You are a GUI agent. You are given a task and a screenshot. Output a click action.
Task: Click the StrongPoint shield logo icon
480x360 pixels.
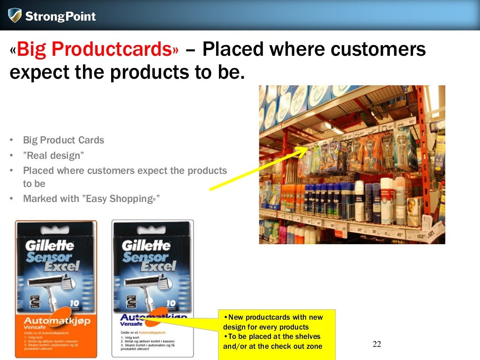click(x=15, y=15)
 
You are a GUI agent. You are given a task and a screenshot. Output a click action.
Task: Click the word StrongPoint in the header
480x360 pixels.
click(x=60, y=17)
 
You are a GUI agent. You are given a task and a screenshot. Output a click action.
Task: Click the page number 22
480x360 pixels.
click(x=377, y=345)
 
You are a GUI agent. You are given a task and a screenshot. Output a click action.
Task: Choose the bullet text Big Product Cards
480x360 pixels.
click(x=63, y=140)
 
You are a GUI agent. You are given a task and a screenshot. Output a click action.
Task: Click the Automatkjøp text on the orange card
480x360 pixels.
click(x=57, y=321)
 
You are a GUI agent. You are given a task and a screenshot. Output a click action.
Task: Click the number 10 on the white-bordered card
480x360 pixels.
click(x=171, y=303)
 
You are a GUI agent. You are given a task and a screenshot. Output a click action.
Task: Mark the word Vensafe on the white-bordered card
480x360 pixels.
click(x=132, y=323)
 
